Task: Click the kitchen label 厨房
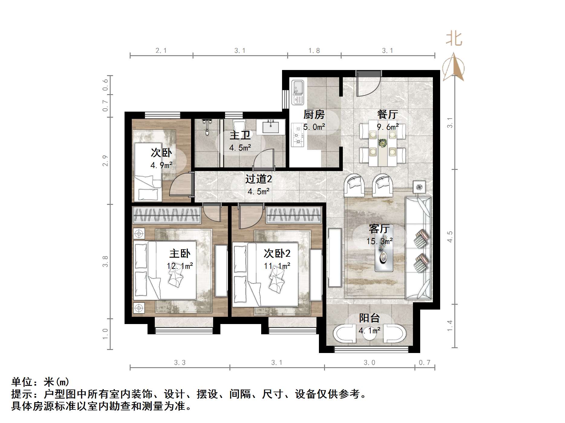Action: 314,115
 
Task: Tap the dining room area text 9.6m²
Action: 387,127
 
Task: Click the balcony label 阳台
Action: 369,318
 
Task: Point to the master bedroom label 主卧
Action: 180,253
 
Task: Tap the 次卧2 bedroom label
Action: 277,253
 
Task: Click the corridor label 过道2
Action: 258,179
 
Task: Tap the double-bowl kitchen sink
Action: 297,92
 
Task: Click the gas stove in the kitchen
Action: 297,135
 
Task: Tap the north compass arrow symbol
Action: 453,67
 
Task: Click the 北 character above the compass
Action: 454,39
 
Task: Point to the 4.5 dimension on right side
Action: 450,237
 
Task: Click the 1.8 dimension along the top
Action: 314,51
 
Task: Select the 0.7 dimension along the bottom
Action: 424,363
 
